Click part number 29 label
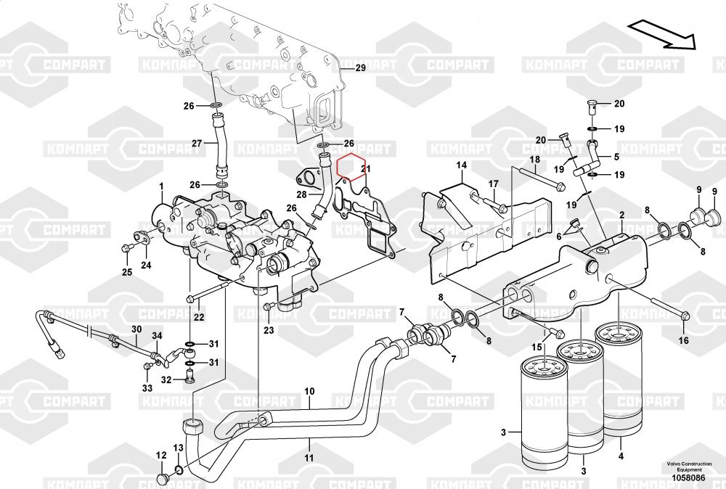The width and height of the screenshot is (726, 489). (x=360, y=68)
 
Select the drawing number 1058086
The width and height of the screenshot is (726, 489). (x=688, y=477)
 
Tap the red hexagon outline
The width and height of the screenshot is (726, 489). (x=351, y=166)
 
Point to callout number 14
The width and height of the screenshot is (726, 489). (x=461, y=165)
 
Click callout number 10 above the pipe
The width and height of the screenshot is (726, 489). (x=309, y=391)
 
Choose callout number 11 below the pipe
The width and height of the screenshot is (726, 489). (x=309, y=458)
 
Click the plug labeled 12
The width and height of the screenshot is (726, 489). (x=163, y=478)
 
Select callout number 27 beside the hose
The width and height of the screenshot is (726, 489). (x=197, y=144)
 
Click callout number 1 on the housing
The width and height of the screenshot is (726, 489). (x=162, y=186)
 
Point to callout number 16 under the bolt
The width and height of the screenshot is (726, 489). (x=683, y=340)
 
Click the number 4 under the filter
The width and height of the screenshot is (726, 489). (x=621, y=444)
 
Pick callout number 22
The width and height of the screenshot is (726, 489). (x=199, y=317)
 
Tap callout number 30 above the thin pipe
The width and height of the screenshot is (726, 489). (x=136, y=329)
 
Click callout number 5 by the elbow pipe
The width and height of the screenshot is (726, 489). (x=616, y=157)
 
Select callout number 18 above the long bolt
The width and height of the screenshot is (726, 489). (x=535, y=160)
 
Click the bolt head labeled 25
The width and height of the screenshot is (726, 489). (x=125, y=248)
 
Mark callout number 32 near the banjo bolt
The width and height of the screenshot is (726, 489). (x=166, y=380)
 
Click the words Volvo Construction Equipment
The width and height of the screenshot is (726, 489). (x=689, y=467)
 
